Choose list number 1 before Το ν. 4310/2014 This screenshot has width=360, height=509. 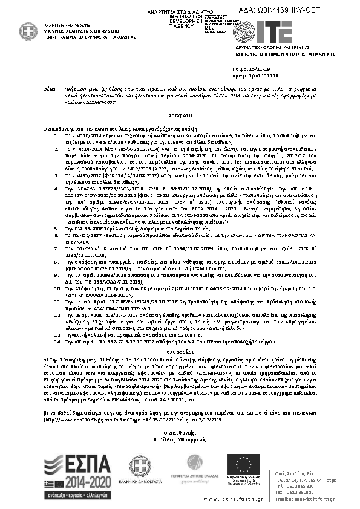coord(53,137)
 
